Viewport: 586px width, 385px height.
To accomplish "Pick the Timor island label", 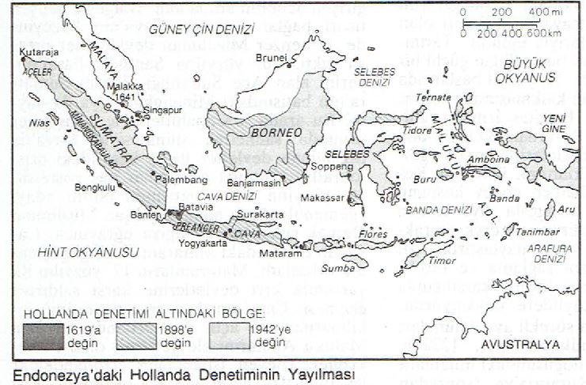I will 443,259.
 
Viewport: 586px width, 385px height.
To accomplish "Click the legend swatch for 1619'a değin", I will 43,335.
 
